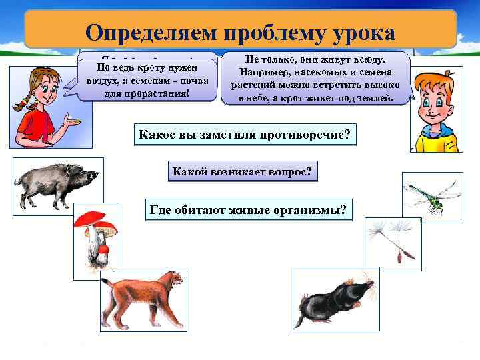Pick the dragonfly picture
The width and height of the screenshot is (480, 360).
tap(432, 193)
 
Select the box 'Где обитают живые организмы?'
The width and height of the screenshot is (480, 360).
tap(249, 211)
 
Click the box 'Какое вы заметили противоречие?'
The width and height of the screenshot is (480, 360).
tap(243, 135)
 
